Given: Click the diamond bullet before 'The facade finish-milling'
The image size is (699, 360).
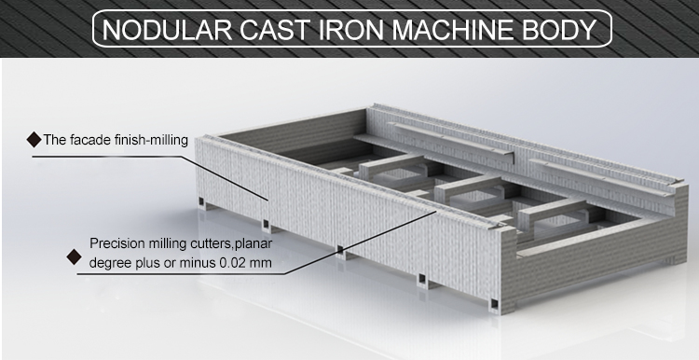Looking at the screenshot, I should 34,141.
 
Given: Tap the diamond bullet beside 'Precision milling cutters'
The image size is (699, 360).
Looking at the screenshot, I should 69,253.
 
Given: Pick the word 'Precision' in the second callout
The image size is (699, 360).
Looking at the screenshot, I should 115,243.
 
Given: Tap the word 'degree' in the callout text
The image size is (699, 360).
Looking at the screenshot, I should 111,263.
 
